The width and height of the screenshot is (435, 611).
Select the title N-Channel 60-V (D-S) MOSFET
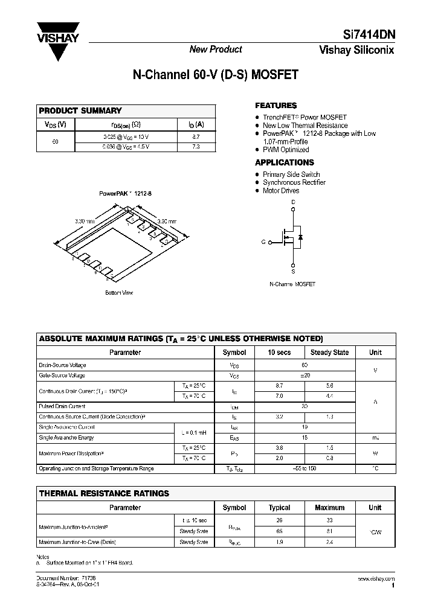tap(215, 75)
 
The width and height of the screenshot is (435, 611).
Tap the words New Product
tap(216, 50)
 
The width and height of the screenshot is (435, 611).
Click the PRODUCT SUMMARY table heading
tap(80, 110)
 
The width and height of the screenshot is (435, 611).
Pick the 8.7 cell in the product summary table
tap(195, 138)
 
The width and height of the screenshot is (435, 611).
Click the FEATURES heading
tap(275, 105)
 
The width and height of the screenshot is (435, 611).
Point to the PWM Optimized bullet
tap(286, 150)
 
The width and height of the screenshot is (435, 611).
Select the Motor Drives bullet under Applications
tap(281, 191)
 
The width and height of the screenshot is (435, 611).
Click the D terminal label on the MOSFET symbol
tap(294, 202)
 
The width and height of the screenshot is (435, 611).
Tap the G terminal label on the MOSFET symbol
tap(263, 242)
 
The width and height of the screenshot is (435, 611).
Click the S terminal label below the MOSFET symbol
tap(294, 272)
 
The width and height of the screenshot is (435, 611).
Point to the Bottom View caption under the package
tap(119, 293)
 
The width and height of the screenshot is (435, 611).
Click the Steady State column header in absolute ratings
tap(329, 353)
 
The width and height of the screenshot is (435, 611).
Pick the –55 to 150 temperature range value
tap(304, 469)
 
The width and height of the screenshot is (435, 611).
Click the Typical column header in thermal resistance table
tap(279, 508)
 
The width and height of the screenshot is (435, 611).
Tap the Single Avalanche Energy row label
tap(66, 438)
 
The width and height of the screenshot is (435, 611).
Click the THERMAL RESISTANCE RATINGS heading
tap(104, 493)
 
